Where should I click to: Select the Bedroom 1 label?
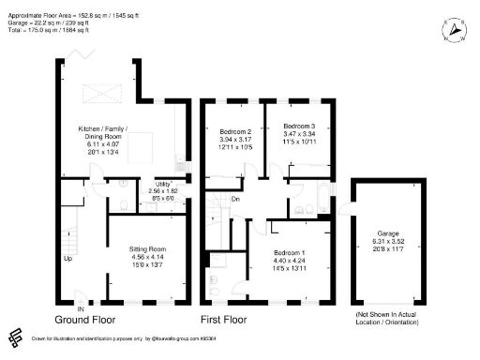coord(288,253)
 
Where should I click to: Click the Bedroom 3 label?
coord(299,126)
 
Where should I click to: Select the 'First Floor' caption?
coord(225,319)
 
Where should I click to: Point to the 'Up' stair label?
coord(67,259)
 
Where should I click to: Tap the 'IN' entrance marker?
coord(81,308)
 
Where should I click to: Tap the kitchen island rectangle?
coord(144,151)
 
